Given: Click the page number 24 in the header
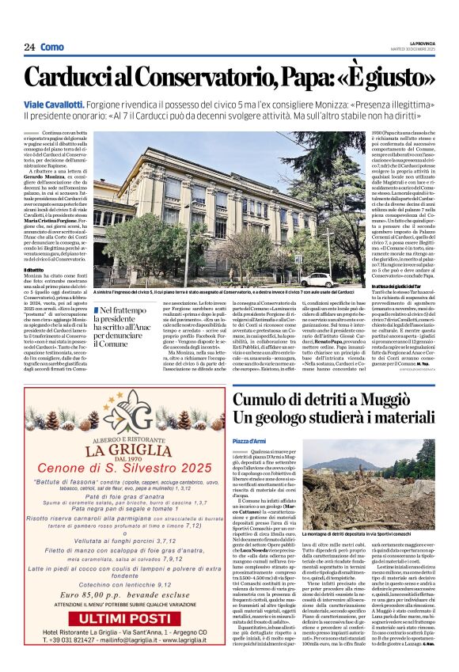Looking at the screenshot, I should click(x=29, y=47).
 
